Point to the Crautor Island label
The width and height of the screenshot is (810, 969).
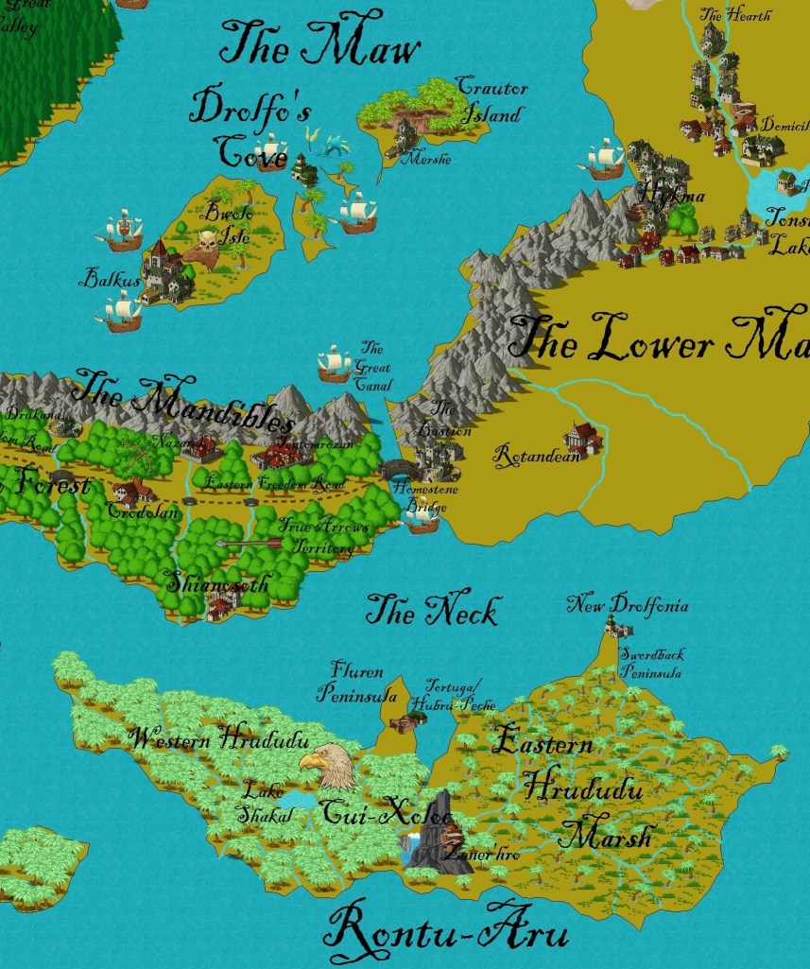tap(491, 100)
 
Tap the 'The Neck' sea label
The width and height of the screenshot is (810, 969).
tap(431, 611)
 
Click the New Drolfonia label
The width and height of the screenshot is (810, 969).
tap(628, 604)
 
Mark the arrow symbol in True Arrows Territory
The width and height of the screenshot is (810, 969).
tap(248, 543)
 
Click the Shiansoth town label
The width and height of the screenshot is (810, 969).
tap(217, 583)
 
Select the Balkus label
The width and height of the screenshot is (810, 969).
tap(110, 279)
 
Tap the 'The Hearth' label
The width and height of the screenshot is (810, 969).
tap(734, 14)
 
